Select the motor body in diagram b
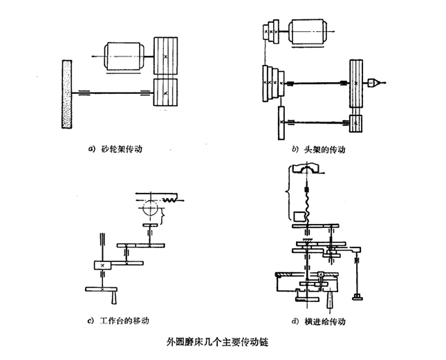310,32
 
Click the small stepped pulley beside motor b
271,31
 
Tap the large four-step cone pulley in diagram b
272,82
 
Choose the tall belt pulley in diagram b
356,83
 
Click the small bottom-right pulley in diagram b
355,123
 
